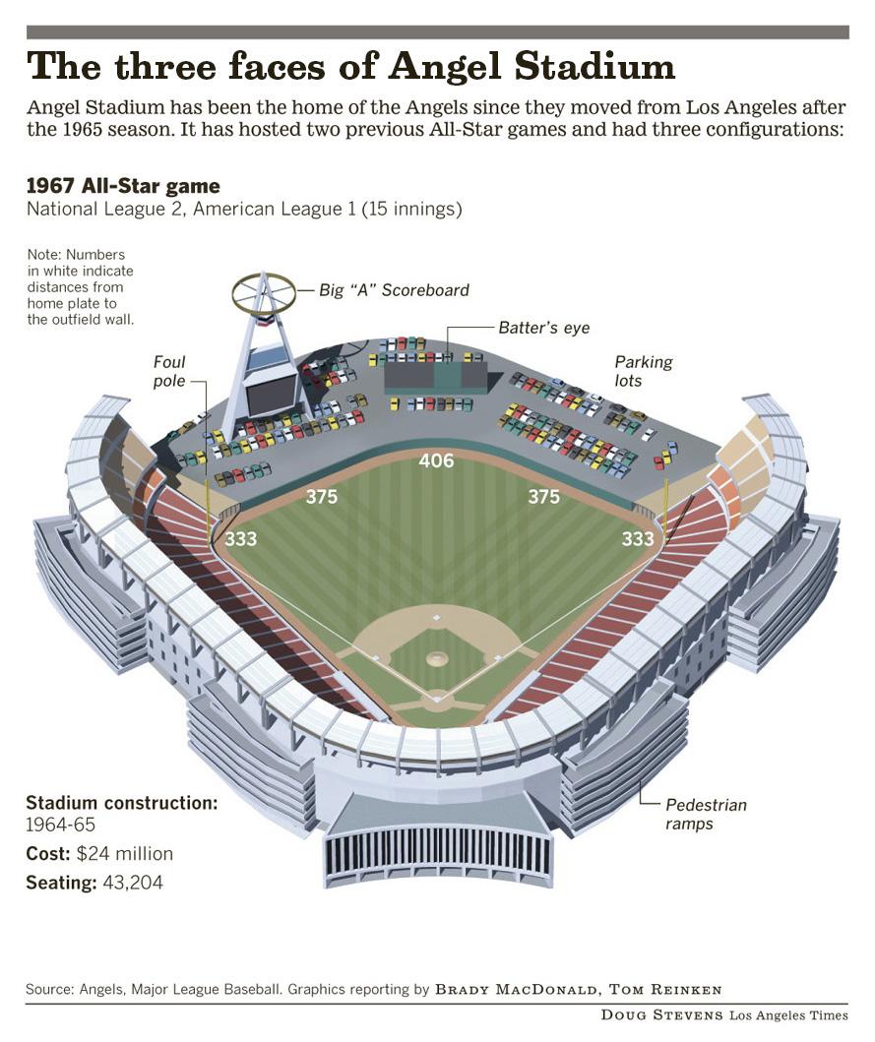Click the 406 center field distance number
click(436, 460)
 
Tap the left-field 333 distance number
click(241, 539)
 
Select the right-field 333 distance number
click(638, 539)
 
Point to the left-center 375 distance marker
click(322, 497)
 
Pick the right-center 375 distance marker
click(543, 497)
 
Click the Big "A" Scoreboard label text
click(394, 290)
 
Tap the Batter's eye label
click(543, 328)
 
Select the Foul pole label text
click(169, 371)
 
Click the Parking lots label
click(644, 371)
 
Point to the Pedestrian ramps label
click(706, 814)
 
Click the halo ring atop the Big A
click(264, 290)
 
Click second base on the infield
click(436, 618)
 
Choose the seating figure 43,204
click(132, 883)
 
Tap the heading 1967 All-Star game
click(123, 186)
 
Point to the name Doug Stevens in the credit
click(662, 1014)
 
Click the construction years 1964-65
click(61, 825)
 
